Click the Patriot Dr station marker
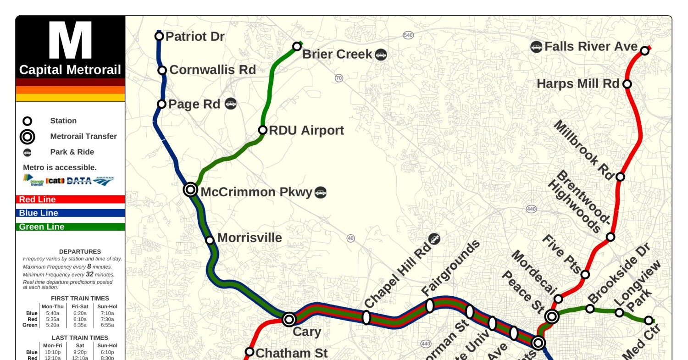tap(159, 36)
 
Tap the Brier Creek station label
tap(337, 54)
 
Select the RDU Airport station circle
tap(263, 130)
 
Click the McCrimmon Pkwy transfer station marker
tap(190, 189)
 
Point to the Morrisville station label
tap(249, 238)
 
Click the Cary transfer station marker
tap(289, 319)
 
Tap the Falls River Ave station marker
tap(644, 50)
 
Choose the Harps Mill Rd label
tap(578, 84)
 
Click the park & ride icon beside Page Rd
tap(231, 104)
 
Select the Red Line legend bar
tap(70, 199)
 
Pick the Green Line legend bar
tap(70, 227)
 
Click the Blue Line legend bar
tap(70, 213)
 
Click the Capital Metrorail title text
tap(70, 70)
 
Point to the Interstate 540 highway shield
tap(408, 35)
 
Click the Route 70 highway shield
tap(339, 78)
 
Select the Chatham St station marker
tap(250, 352)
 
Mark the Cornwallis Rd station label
tap(212, 70)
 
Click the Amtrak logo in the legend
tap(103, 181)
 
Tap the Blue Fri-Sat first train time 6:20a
tap(80, 313)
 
